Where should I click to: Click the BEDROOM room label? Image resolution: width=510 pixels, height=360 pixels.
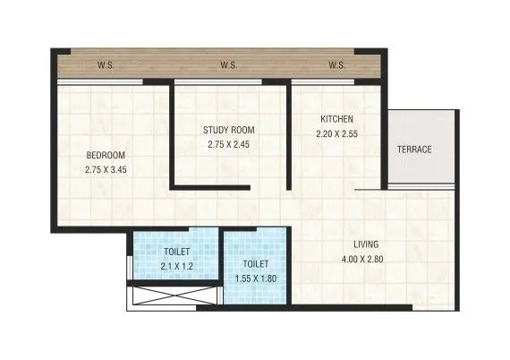click(x=106, y=153)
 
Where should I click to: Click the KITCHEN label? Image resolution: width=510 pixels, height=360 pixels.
click(x=336, y=119)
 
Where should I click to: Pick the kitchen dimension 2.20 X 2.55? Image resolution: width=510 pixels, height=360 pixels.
click(x=336, y=133)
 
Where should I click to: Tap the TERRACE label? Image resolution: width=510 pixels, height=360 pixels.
click(x=414, y=149)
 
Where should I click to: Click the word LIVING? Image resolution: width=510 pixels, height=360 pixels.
click(x=365, y=244)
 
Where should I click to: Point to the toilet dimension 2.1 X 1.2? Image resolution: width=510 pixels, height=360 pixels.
click(x=177, y=265)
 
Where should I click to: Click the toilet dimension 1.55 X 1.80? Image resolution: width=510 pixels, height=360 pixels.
click(x=256, y=279)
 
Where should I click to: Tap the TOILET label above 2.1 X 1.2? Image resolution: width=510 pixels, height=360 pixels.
click(x=177, y=252)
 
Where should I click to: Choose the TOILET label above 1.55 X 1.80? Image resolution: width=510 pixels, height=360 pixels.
click(x=256, y=264)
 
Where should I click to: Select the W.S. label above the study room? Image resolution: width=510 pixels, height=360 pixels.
click(x=228, y=65)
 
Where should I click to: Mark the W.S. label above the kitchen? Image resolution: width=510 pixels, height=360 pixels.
click(x=336, y=65)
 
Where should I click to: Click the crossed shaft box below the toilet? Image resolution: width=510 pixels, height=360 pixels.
click(x=174, y=296)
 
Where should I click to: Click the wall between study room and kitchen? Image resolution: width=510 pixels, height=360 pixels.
click(x=288, y=134)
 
